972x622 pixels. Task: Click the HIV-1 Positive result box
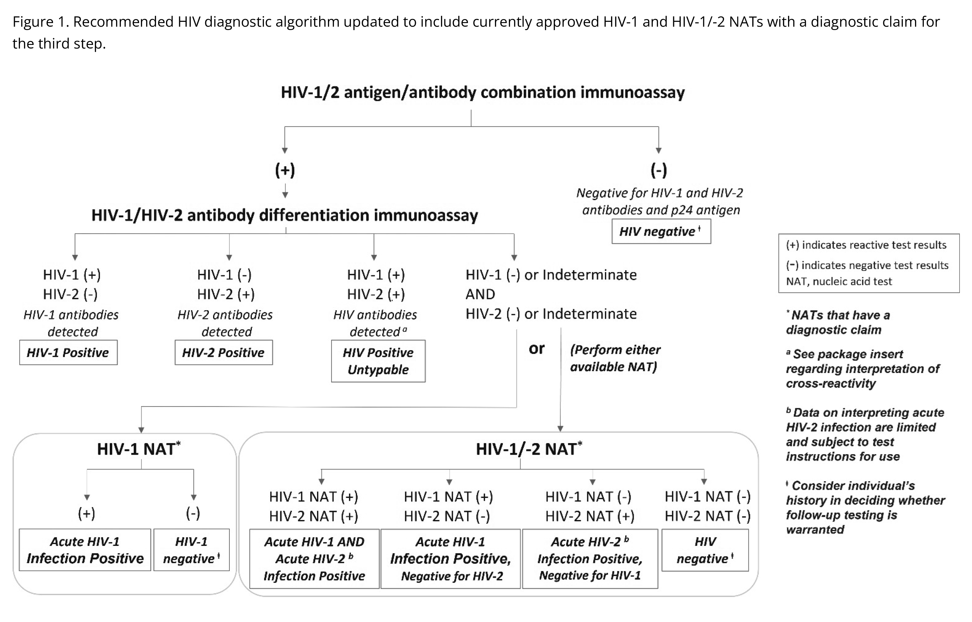tap(68, 353)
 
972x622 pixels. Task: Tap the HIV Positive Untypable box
tap(378, 361)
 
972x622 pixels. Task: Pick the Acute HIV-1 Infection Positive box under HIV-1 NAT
tap(85, 550)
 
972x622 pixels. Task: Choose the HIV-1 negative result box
tap(191, 550)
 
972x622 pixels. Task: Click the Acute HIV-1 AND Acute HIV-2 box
tap(314, 559)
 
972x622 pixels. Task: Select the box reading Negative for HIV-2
tap(450, 559)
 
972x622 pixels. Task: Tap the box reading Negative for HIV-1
tap(590, 559)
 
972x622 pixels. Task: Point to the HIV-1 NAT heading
tap(139, 449)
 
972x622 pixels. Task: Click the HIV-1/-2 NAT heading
tap(528, 449)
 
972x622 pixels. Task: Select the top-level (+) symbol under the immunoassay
tap(285, 170)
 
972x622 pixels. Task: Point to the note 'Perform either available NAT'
tap(615, 358)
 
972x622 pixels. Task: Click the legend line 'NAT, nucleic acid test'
tap(839, 281)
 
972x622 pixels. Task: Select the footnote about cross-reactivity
tap(862, 368)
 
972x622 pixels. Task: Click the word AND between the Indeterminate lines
tap(480, 294)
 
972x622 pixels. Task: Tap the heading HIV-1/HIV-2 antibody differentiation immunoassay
tap(285, 215)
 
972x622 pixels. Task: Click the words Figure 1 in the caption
tap(41, 22)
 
